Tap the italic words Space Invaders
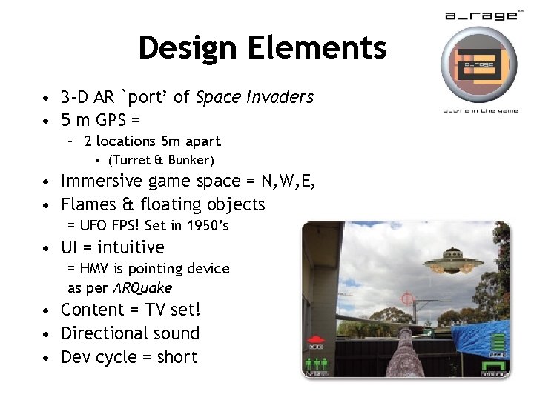click(254, 97)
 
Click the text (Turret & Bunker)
click(161, 160)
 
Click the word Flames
click(90, 204)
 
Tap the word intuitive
click(131, 247)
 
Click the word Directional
click(105, 333)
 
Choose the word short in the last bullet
click(177, 357)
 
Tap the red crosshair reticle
click(406, 299)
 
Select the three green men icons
click(317, 365)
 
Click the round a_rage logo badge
click(478, 64)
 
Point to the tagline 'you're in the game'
click(480, 110)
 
